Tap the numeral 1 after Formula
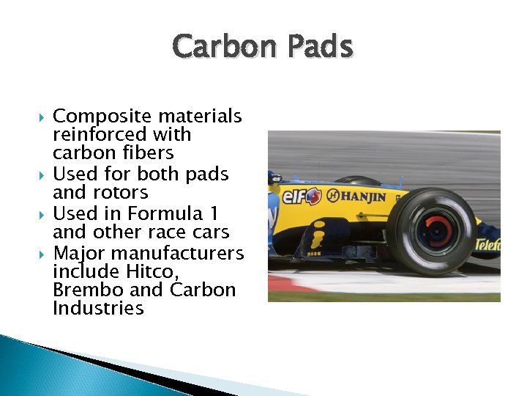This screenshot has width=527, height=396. (214, 213)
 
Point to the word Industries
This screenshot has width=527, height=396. (98, 308)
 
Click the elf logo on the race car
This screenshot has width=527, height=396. (302, 197)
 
